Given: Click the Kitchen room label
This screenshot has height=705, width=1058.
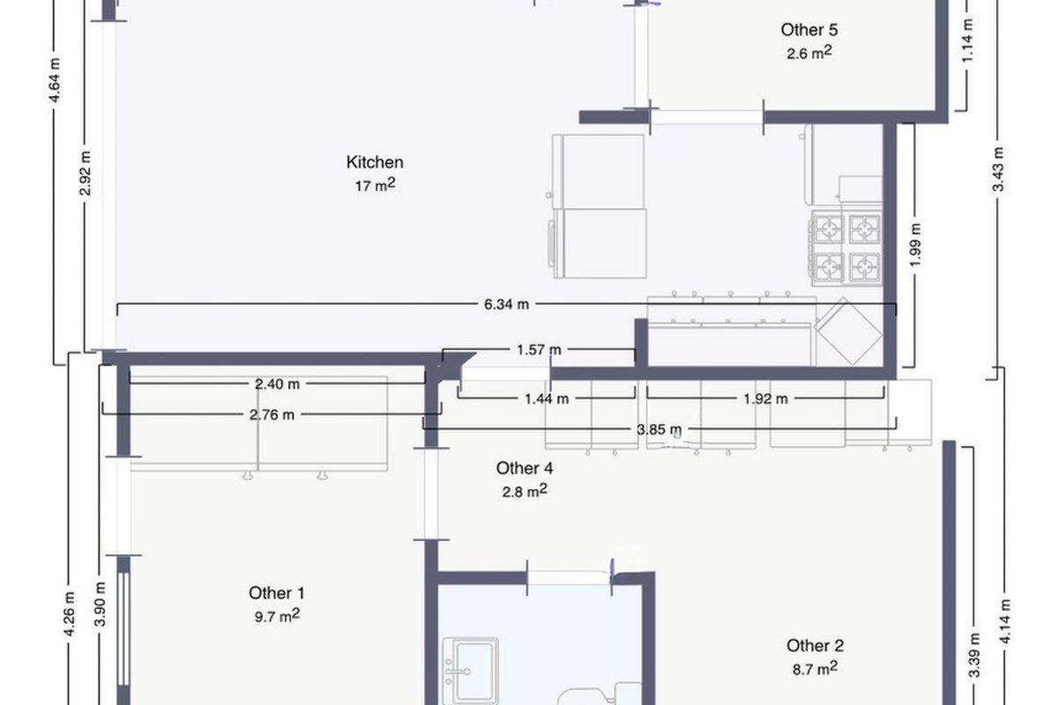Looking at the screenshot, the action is tap(375, 162).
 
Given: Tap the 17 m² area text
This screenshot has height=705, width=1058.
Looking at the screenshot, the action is tap(375, 185).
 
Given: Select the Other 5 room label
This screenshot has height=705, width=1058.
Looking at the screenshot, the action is tap(809, 30).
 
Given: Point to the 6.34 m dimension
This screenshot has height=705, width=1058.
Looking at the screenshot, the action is tap(506, 305).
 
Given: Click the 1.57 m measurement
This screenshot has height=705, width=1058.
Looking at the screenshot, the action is tap(539, 350).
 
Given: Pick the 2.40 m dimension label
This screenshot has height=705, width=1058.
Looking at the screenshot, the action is tap(277, 384).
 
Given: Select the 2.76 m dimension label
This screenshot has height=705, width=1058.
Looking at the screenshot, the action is tap(272, 415).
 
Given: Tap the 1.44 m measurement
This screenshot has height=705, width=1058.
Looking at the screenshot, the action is tap(547, 399).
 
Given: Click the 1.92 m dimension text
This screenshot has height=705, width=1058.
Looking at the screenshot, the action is tap(765, 399).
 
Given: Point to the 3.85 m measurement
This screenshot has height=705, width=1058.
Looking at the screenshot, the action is tap(659, 430).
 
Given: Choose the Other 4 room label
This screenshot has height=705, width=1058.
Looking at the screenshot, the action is tap(525, 469).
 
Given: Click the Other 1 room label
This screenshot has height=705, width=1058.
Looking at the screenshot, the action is tap(277, 593).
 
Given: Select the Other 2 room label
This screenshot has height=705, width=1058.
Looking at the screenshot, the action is tap(816, 645).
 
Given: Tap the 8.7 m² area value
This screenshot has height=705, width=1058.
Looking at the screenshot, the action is tap(816, 668).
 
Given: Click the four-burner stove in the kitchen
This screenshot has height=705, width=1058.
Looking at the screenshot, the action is tap(846, 249).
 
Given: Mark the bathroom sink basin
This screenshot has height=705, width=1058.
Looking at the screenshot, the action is tap(471, 670).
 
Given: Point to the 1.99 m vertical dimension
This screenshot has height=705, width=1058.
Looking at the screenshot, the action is tap(916, 245).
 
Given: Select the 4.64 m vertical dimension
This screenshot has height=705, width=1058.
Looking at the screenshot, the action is tap(55, 80).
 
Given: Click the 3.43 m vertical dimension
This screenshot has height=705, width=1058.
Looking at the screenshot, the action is tap(998, 169).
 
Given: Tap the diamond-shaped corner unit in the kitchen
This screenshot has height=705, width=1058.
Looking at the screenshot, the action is tap(848, 332).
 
